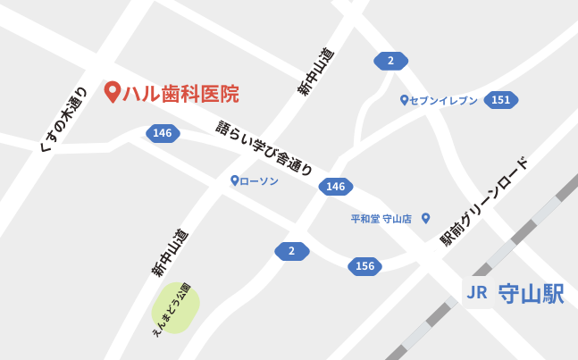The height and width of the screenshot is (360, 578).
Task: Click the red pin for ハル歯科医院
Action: point(113,91)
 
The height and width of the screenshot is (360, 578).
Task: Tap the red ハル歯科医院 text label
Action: point(180,93)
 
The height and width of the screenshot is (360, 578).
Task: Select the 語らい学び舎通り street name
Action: point(264,147)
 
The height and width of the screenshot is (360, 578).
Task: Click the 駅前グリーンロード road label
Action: point(484,201)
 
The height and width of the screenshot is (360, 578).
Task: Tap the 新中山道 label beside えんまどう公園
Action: point(170,253)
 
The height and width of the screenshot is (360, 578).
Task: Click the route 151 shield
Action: point(500,100)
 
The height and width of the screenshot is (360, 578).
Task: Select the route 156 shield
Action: point(364,266)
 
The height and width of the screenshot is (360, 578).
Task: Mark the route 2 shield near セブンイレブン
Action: point(390,61)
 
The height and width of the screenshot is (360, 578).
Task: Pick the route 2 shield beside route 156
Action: point(291,251)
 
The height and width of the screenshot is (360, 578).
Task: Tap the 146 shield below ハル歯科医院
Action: point(163,133)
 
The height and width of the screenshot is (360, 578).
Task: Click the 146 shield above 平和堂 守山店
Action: point(336,187)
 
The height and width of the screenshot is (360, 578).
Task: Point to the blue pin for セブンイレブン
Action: point(404,100)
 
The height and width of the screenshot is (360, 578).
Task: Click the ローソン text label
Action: point(259,181)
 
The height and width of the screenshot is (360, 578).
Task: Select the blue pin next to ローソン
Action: point(234,180)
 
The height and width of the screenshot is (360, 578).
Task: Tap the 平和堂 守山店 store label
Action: point(381,218)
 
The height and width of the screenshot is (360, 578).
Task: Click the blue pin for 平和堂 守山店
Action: point(426,217)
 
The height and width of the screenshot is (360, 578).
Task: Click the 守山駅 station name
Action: point(531,294)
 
